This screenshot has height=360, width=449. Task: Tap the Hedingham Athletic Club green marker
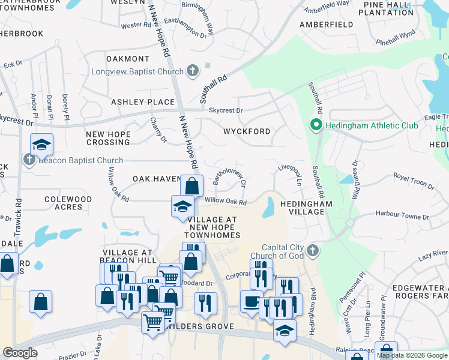coord(316,125)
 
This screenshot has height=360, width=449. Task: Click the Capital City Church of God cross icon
coord(312,250)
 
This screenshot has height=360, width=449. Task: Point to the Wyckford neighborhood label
coord(246,131)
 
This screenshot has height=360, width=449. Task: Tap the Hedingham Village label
coord(310,208)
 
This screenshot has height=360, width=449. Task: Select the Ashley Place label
coord(142,102)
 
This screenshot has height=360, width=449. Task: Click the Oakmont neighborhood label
coord(127,59)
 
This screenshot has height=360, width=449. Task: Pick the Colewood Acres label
coord(68,203)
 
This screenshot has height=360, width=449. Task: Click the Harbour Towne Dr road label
coord(402,215)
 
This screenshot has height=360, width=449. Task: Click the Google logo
coord(20,353)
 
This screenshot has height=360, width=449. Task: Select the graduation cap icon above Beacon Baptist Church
coord(41,144)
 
